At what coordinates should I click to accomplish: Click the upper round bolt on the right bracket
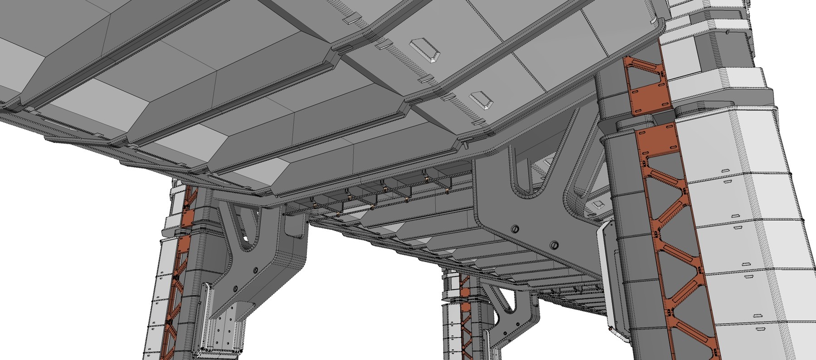click(x=515, y=227)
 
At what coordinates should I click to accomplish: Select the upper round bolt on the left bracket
click(x=255, y=270)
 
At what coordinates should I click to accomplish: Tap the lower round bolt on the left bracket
click(x=235, y=288)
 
